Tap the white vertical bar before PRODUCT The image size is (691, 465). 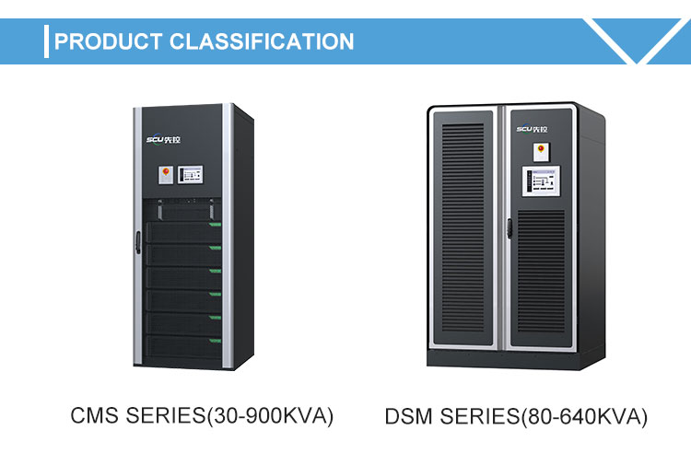46,41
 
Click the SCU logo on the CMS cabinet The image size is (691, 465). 166,140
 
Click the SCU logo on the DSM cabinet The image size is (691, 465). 533,130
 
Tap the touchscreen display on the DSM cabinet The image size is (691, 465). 541,181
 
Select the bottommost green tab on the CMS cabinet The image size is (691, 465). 217,340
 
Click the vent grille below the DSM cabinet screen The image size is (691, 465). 541,272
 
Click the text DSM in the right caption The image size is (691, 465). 407,417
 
